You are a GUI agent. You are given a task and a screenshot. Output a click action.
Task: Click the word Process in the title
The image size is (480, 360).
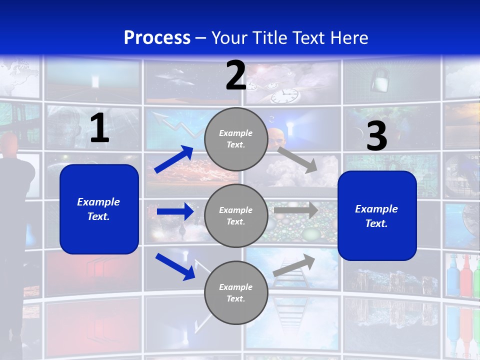[157, 37]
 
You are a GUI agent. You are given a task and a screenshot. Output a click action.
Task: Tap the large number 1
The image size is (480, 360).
[99, 128]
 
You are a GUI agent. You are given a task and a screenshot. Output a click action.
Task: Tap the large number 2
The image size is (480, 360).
[236, 76]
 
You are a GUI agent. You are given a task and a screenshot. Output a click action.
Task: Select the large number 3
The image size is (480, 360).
[376, 136]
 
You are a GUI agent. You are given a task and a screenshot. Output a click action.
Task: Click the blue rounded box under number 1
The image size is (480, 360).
[99, 209]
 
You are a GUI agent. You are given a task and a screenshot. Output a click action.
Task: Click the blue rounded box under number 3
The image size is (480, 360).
[377, 216]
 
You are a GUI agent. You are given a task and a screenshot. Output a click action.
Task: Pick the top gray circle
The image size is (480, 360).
[236, 139]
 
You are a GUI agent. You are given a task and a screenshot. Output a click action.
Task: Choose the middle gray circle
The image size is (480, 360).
[236, 216]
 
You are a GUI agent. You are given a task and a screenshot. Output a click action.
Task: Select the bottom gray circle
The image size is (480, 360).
[236, 293]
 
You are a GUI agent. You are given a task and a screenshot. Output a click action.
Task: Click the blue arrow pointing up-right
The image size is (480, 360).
[174, 159]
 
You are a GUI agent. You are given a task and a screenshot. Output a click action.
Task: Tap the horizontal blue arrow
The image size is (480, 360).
[175, 211]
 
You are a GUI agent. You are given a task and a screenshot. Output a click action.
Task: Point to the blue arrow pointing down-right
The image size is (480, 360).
[175, 266]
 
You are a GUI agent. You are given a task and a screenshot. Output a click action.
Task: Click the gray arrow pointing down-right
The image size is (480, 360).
[297, 159]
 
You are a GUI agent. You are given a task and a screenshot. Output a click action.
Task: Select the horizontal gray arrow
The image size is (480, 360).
[295, 210]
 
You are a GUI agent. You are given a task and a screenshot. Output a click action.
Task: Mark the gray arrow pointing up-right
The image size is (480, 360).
[294, 265]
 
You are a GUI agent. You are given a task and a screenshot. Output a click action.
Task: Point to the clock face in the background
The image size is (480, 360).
[284, 95]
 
